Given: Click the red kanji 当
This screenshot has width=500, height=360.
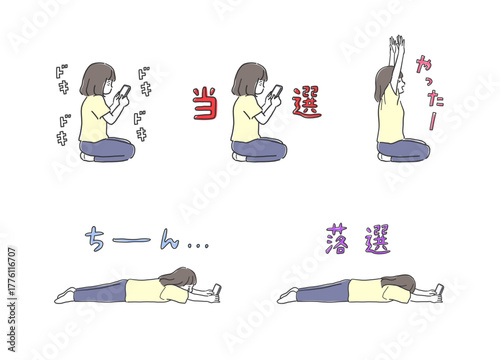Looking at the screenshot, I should tap(206, 103).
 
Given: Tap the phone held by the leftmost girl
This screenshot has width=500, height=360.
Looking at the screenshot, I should tap(124, 92).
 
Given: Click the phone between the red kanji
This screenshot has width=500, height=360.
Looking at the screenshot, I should tap(274, 92).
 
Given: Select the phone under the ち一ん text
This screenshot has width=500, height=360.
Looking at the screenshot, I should tap(216, 290).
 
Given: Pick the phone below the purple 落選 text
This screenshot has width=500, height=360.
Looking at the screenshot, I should tap(438, 290).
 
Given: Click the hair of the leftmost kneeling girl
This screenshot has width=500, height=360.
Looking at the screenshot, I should tap(96, 77).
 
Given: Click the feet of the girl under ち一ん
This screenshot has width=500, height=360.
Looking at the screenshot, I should tap(65, 295).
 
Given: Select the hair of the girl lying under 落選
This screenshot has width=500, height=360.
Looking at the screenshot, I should tap(400, 282).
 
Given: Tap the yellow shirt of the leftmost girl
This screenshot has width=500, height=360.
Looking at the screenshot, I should tap(94, 120).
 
